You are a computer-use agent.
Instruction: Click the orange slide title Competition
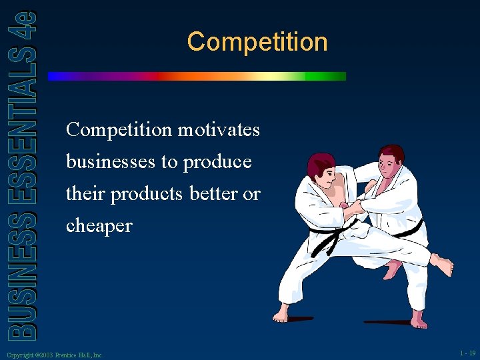point(257,42)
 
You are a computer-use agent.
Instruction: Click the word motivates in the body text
point(219,129)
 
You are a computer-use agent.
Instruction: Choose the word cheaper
point(99,225)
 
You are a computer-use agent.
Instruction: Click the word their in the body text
point(85,193)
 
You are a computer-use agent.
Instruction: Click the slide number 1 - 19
point(467,353)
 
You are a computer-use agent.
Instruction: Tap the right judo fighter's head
point(390,161)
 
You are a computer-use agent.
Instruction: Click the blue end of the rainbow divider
point(57,77)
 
